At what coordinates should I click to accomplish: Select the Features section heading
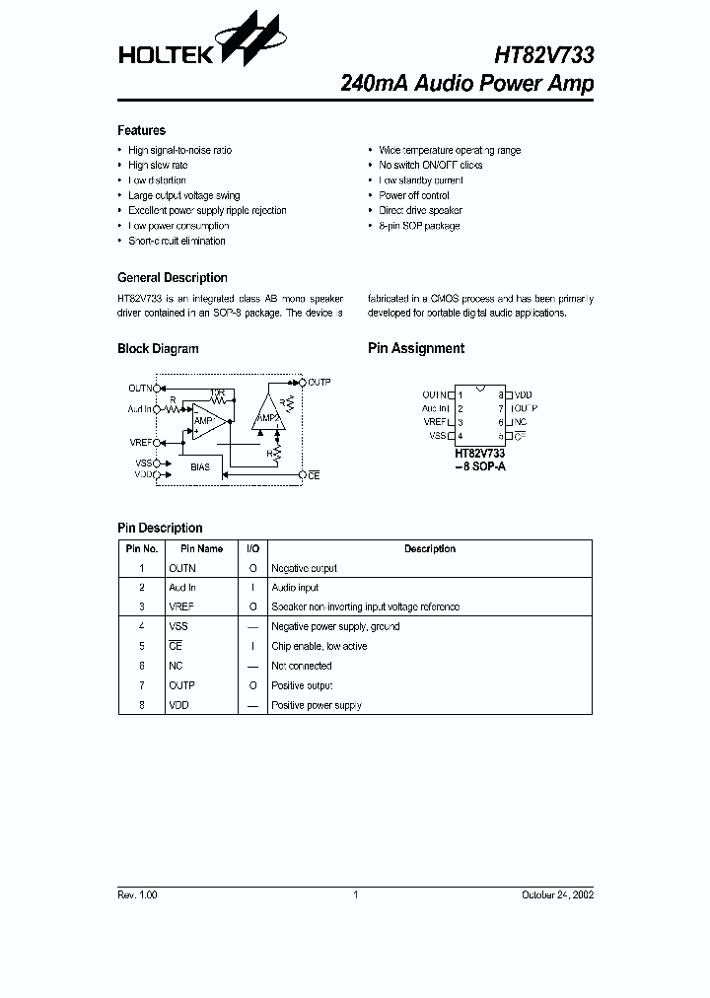[x=141, y=130]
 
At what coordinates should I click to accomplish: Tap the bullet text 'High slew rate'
[x=158, y=166]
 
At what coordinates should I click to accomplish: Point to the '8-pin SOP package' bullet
[x=419, y=226]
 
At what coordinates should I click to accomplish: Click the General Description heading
[x=172, y=278]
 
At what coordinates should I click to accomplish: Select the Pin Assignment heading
[x=415, y=348]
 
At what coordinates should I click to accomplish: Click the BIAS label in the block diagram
[x=199, y=466]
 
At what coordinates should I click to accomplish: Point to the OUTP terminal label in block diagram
[x=319, y=382]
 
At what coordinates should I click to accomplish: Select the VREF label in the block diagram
[x=140, y=442]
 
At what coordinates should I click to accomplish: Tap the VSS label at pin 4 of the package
[x=437, y=435]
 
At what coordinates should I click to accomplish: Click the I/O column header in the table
[x=252, y=549]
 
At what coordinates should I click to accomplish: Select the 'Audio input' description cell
[x=296, y=588]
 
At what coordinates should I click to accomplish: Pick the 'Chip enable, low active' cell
[x=319, y=646]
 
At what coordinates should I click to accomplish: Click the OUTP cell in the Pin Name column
[x=181, y=685]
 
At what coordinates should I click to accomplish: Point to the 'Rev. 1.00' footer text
[x=137, y=894]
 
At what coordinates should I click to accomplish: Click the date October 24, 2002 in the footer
[x=557, y=894]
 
